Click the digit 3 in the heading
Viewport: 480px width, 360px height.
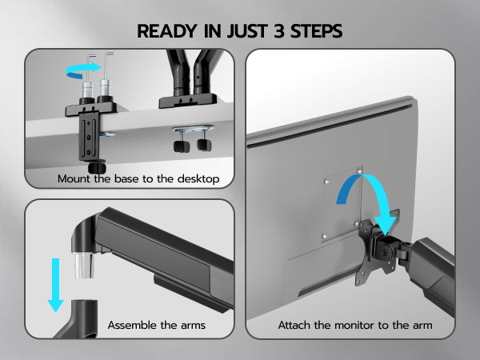(x=279, y=31)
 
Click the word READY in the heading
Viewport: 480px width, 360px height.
(x=167, y=31)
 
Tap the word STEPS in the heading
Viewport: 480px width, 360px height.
(x=316, y=31)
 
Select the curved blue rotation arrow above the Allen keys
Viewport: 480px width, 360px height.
(x=83, y=70)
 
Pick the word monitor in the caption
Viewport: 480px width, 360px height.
(x=354, y=325)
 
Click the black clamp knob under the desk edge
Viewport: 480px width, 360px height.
(x=97, y=167)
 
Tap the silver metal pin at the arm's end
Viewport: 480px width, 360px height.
(x=83, y=265)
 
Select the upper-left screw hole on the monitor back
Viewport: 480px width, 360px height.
(x=326, y=182)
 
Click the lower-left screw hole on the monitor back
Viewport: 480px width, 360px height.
(x=325, y=236)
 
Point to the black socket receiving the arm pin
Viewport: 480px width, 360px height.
(x=78, y=319)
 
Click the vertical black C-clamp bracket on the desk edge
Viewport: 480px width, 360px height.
(x=89, y=136)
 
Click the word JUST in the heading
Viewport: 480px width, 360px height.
(x=246, y=31)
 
